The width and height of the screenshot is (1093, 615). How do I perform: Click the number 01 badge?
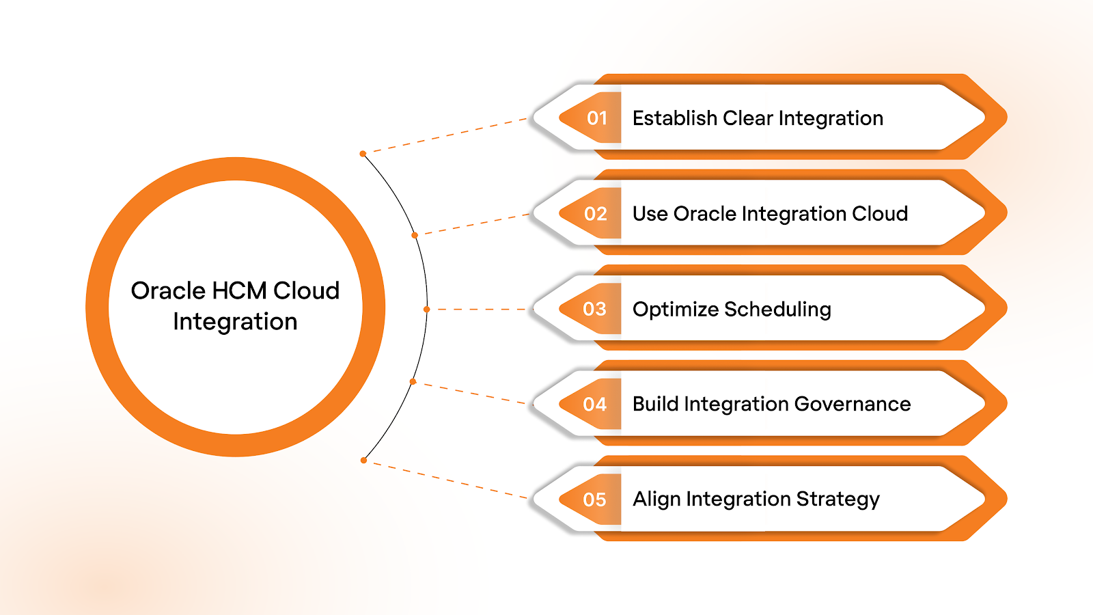tap(596, 118)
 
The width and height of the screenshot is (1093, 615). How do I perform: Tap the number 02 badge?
tap(596, 214)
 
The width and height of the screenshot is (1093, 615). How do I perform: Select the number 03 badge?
tap(594, 309)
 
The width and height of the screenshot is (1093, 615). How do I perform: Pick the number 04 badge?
tap(594, 405)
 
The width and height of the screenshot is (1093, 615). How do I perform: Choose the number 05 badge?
tap(594, 500)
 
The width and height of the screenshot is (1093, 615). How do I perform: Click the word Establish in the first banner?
tap(674, 118)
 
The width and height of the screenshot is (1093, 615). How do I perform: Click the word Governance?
tap(852, 405)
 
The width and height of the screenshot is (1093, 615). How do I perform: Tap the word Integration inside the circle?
tap(235, 322)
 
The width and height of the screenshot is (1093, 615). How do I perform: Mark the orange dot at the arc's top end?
tap(363, 154)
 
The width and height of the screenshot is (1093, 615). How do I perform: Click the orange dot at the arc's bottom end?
tap(363, 461)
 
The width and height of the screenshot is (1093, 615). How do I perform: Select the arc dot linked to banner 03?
tap(426, 310)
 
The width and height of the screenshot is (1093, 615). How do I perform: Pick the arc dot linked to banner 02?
tap(415, 235)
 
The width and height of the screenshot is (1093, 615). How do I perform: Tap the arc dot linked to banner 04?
tap(413, 381)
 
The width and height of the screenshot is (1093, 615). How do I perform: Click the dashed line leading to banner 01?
tap(444, 136)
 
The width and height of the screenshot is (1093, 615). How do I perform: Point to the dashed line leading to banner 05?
tap(444, 479)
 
